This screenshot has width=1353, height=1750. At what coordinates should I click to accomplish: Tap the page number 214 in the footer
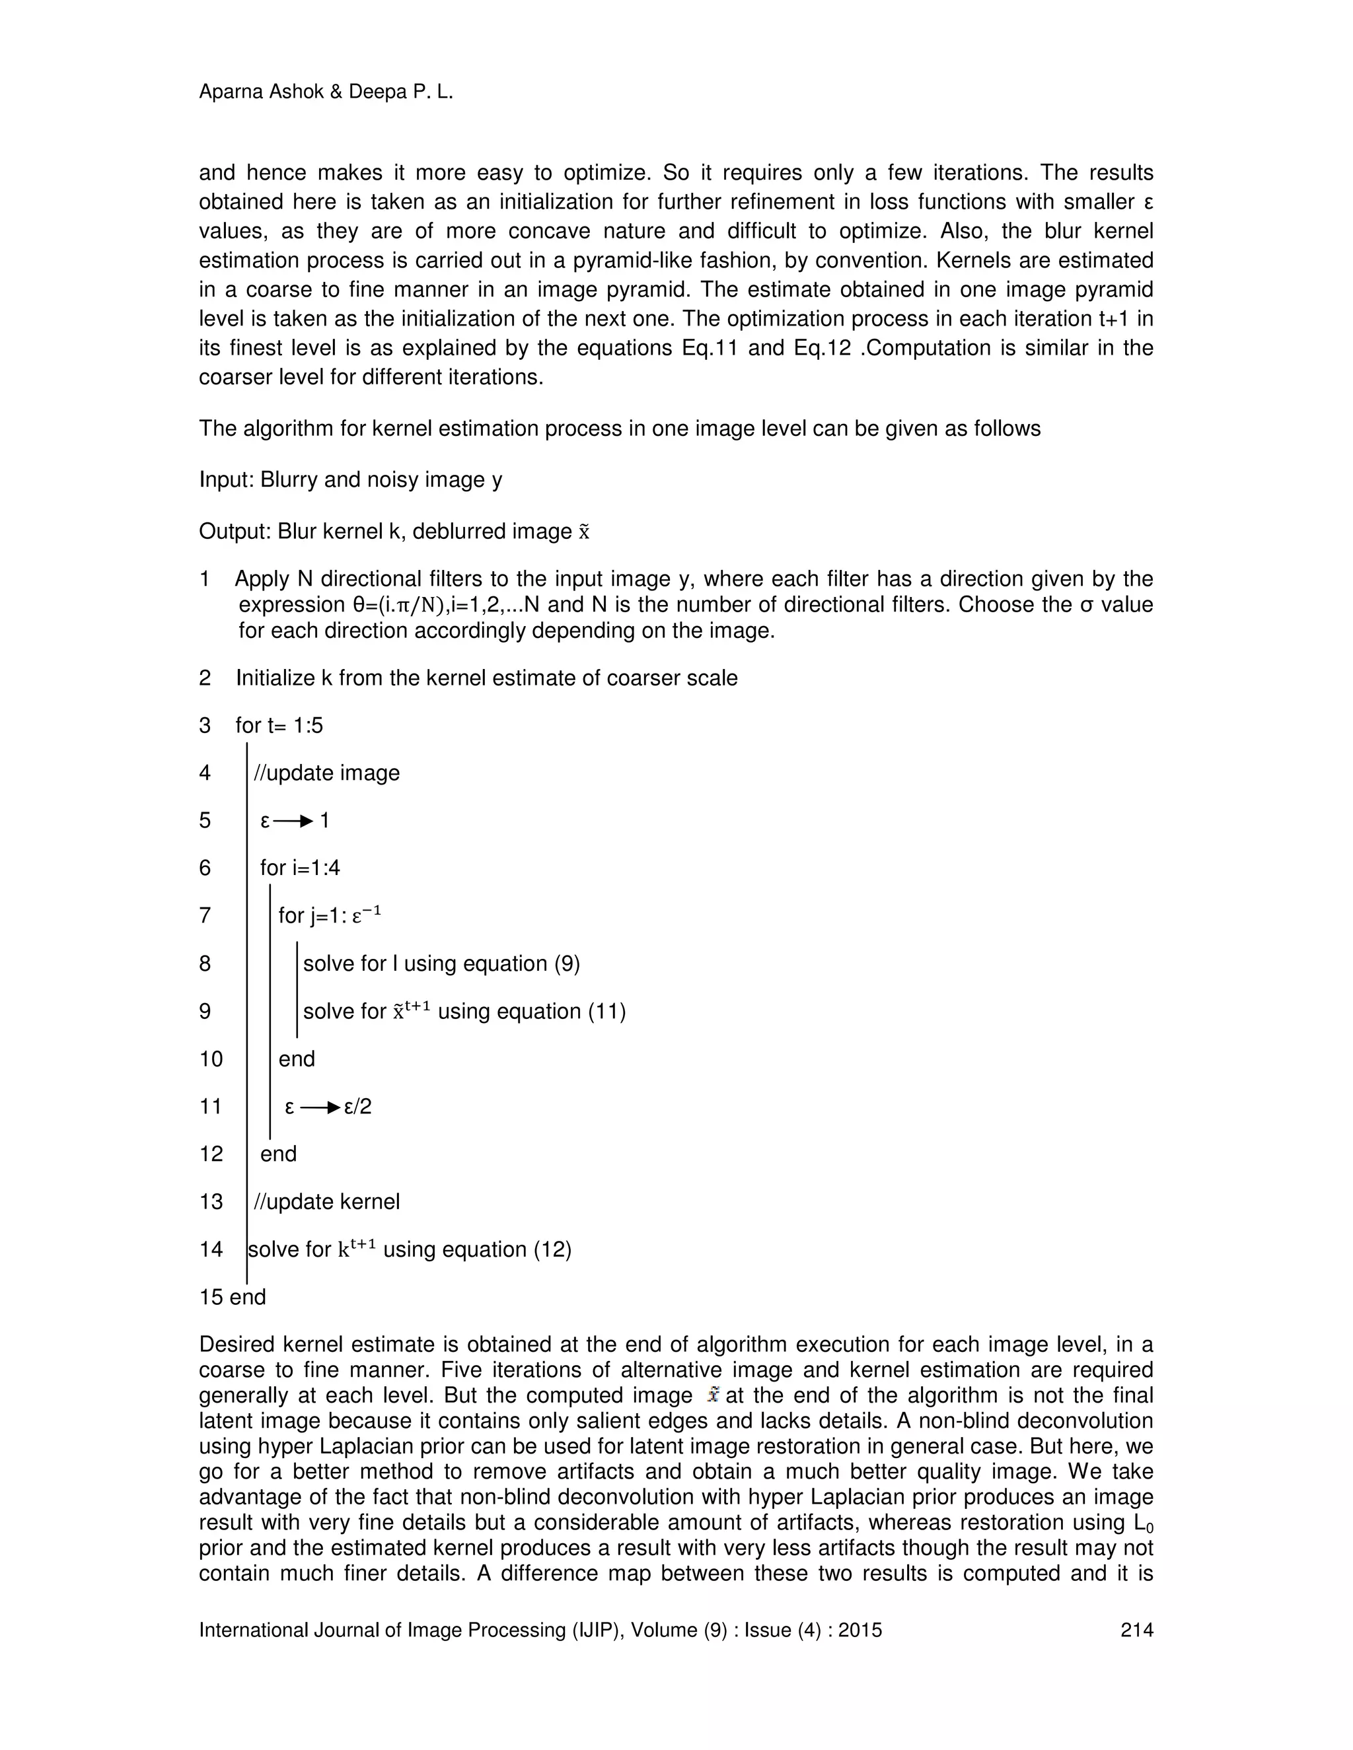click(x=1136, y=1630)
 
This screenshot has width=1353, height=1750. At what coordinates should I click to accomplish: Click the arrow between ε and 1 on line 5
click(x=293, y=820)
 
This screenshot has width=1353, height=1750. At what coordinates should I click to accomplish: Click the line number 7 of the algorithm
click(x=205, y=915)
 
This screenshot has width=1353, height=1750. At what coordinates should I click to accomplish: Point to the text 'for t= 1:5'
click(x=279, y=725)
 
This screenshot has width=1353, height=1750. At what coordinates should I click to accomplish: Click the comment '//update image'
click(x=326, y=773)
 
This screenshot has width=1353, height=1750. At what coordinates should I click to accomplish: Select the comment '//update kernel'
click(x=326, y=1202)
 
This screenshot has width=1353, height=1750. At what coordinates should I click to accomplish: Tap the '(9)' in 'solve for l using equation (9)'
click(x=567, y=963)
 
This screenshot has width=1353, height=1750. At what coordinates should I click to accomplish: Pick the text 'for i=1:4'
click(x=300, y=868)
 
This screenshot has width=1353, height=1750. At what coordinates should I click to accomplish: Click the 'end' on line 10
click(x=297, y=1059)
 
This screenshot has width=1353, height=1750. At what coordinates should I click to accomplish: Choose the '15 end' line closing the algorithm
click(x=233, y=1296)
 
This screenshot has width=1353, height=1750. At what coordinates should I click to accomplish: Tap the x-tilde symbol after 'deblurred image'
click(x=583, y=533)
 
